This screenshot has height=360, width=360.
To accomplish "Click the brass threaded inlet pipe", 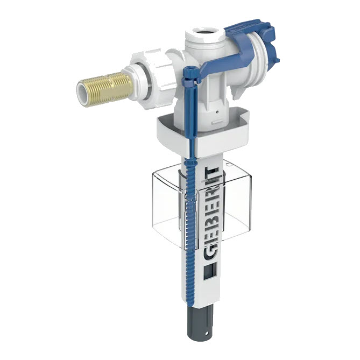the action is [x=107, y=87].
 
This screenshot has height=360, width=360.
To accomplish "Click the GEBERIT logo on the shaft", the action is [x=210, y=213].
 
